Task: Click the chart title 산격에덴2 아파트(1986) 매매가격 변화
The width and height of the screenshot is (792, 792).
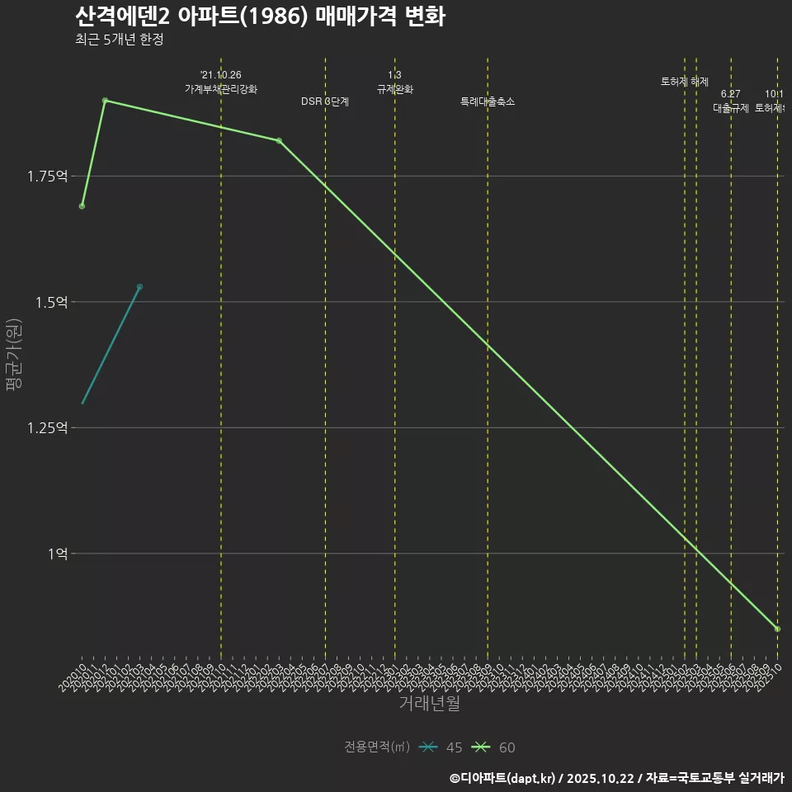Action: click(260, 16)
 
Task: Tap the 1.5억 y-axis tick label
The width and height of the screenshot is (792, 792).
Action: click(50, 302)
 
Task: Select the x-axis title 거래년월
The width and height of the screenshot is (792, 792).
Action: click(429, 704)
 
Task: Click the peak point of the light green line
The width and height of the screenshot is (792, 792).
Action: click(105, 101)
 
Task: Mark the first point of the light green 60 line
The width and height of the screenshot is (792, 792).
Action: click(82, 206)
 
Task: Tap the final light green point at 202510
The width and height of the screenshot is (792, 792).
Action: click(777, 629)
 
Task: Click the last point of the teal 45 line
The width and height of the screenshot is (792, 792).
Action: click(139, 287)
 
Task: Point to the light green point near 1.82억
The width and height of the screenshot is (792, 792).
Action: click(279, 141)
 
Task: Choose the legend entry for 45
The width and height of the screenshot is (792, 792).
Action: click(441, 747)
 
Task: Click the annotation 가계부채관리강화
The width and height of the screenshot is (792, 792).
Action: click(221, 89)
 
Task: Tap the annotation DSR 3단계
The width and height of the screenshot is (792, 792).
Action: click(325, 101)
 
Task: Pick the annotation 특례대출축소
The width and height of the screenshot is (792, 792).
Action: click(488, 101)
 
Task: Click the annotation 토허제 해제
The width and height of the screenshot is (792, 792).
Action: click(685, 82)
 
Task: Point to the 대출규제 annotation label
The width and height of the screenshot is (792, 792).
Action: click(731, 108)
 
